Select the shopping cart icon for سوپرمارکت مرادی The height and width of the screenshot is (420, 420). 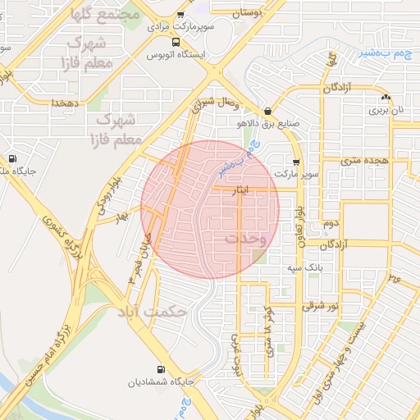coord(180,15)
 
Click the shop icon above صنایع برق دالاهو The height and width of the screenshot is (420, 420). coord(267,112)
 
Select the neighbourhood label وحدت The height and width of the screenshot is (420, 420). coord(245,239)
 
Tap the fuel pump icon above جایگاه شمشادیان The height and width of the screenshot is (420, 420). coord(160,369)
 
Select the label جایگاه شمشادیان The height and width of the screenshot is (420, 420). coord(160,382)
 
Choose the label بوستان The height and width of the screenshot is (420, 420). coord(245,14)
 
